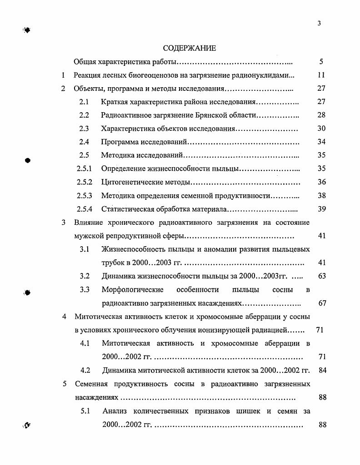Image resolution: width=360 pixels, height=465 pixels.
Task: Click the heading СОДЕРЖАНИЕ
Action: (x=190, y=48)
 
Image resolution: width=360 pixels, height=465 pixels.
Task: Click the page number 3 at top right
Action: (x=320, y=24)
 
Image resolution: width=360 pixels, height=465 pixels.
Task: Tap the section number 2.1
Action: (x=84, y=102)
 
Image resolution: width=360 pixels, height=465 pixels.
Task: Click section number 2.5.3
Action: (x=85, y=196)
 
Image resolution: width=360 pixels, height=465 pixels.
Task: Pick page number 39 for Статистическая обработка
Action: (x=321, y=209)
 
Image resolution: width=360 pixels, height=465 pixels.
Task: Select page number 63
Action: (x=322, y=276)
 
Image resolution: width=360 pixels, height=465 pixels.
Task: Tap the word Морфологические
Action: (x=130, y=289)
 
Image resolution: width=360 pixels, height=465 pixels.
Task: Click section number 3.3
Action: (x=85, y=289)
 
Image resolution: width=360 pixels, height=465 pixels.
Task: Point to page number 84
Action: (x=323, y=370)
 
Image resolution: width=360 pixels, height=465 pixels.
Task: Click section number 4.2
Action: (x=85, y=370)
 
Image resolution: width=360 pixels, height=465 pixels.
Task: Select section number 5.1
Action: (x=85, y=411)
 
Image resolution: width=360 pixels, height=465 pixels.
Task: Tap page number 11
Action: (x=321, y=75)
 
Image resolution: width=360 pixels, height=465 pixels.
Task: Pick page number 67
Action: (x=322, y=303)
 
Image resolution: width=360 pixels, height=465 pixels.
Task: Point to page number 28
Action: (x=321, y=115)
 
